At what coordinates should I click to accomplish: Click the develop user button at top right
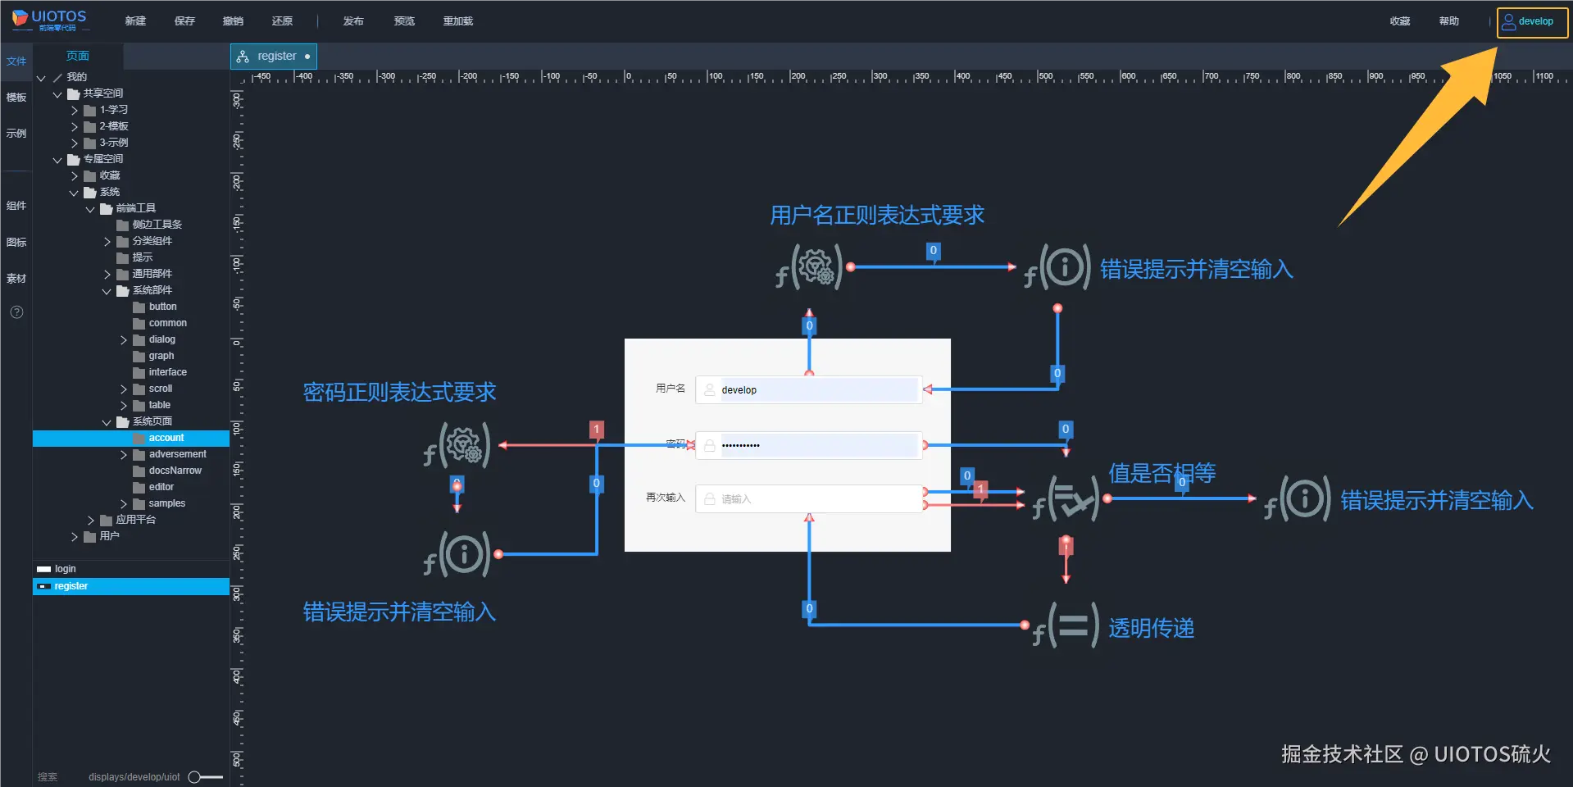point(1531,22)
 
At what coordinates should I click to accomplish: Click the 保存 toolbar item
point(184,21)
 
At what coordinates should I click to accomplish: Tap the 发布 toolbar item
point(353,21)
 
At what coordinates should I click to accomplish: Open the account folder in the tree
point(166,438)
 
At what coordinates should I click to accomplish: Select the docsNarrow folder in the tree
point(175,471)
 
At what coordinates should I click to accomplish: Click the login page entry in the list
point(65,569)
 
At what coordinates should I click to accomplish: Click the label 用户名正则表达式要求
point(876,216)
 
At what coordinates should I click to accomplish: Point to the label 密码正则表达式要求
point(399,393)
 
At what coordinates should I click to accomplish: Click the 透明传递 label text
point(1151,629)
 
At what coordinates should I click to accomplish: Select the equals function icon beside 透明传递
point(1072,626)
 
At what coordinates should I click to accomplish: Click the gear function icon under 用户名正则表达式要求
point(816,266)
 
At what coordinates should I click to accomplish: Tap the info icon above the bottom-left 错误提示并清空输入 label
point(463,553)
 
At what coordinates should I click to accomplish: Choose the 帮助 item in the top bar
point(1448,21)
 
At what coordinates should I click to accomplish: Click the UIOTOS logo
point(49,20)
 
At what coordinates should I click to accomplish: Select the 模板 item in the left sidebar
point(16,98)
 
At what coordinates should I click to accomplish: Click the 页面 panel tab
point(78,56)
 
